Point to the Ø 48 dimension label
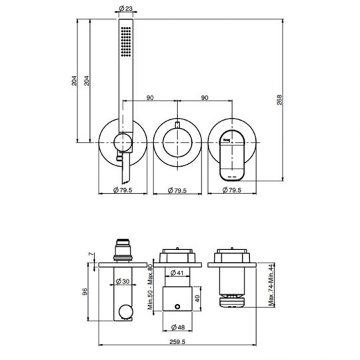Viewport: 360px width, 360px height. tap(177, 327)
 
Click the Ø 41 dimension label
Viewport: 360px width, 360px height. tap(177, 273)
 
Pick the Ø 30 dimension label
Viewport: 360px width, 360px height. tap(122, 281)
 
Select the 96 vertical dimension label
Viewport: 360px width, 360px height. tap(85, 291)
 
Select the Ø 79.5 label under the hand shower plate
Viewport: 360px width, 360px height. tap(121, 191)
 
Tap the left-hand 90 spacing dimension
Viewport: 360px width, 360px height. tap(150, 98)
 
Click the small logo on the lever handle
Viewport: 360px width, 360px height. tap(226, 139)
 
